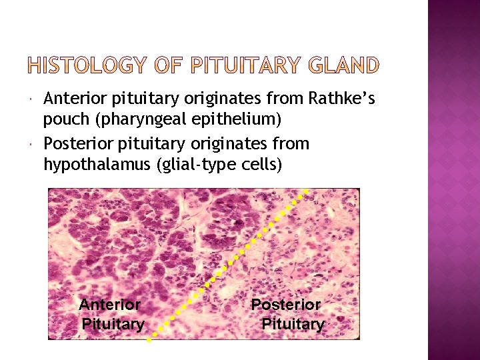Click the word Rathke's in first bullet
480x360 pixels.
(x=342, y=99)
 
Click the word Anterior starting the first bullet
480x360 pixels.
(x=70, y=99)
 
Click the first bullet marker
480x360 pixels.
(x=33, y=100)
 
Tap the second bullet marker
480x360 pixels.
(x=33, y=144)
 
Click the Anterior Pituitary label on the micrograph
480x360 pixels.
(x=111, y=315)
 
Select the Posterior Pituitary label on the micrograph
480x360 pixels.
(x=288, y=315)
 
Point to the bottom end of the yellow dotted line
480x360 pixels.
(x=149, y=339)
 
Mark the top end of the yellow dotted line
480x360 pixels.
(x=306, y=190)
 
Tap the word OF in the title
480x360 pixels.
(x=165, y=65)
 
